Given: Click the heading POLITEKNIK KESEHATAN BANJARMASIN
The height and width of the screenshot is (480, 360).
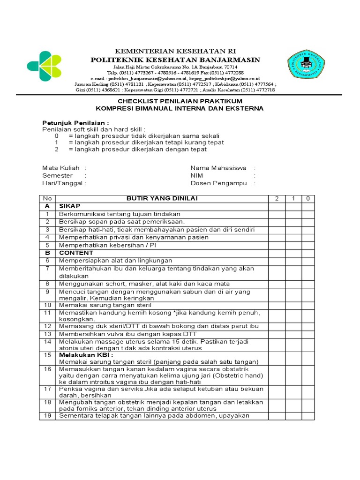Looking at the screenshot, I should pyautogui.click(x=175, y=60).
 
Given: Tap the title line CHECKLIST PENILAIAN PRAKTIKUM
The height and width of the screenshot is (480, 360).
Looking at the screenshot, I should pyautogui.click(x=180, y=101).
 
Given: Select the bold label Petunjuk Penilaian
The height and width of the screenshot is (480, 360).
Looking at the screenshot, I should pyautogui.click(x=75, y=123).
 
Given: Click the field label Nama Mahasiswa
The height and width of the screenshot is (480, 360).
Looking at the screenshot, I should pyautogui.click(x=218, y=168).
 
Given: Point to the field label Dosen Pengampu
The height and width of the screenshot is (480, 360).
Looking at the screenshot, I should pyautogui.click(x=218, y=183).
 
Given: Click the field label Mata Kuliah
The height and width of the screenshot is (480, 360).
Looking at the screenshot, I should pyautogui.click(x=60, y=168).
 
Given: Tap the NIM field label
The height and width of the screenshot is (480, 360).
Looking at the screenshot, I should pyautogui.click(x=196, y=176).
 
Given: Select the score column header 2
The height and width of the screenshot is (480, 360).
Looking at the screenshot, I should pyautogui.click(x=277, y=199).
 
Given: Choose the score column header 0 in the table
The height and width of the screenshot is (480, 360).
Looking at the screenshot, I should pyautogui.click(x=307, y=199).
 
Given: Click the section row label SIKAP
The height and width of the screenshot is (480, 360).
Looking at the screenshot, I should pyautogui.click(x=70, y=206).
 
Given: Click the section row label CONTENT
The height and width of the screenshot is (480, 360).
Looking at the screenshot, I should pyautogui.click(x=76, y=253).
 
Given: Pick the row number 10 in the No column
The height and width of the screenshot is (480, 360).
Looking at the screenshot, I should pyautogui.click(x=47, y=305).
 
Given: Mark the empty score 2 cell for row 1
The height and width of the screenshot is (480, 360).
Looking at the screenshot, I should pyautogui.click(x=277, y=214).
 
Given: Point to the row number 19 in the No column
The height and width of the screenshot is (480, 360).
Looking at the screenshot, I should pyautogui.click(x=47, y=416).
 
